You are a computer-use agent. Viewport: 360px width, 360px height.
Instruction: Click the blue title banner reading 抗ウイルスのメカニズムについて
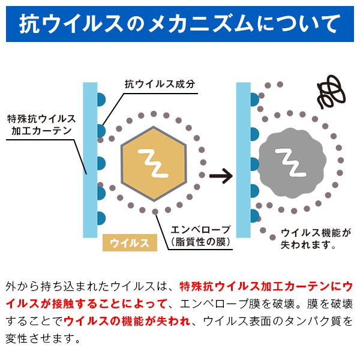(180, 24)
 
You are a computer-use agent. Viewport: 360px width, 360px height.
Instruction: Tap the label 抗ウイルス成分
(160, 84)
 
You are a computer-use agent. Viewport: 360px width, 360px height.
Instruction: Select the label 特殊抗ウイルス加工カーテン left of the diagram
(41, 125)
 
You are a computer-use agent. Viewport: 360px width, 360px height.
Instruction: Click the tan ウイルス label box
(130, 242)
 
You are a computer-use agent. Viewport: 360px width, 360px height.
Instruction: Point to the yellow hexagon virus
(154, 164)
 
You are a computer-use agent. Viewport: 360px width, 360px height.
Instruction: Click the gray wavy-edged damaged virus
(292, 163)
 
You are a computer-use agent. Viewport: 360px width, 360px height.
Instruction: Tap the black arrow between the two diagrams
(221, 176)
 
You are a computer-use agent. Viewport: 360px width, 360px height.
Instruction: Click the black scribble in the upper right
(331, 91)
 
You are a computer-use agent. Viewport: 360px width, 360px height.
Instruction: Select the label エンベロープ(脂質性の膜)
(200, 236)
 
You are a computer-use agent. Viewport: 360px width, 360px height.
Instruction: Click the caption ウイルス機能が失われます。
(316, 239)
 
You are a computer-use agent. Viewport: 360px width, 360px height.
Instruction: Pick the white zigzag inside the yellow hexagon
(153, 163)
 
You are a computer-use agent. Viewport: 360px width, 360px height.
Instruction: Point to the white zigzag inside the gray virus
(290, 163)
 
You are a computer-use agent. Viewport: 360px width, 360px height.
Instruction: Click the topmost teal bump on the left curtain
(101, 100)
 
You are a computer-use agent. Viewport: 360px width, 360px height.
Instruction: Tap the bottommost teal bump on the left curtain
(101, 218)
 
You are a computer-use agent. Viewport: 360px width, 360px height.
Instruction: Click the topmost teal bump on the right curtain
(254, 100)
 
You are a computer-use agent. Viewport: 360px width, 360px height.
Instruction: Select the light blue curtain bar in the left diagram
(90, 160)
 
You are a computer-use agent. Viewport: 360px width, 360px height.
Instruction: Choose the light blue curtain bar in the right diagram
(244, 160)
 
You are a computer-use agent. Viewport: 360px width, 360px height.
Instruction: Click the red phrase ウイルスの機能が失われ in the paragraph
(127, 321)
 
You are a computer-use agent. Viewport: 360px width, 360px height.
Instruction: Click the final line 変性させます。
(43, 338)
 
